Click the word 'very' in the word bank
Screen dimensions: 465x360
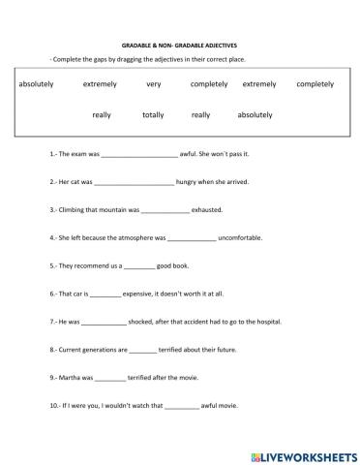tap(153, 84)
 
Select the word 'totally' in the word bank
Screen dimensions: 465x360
tap(153, 114)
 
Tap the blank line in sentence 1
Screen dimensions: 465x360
tap(139, 153)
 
